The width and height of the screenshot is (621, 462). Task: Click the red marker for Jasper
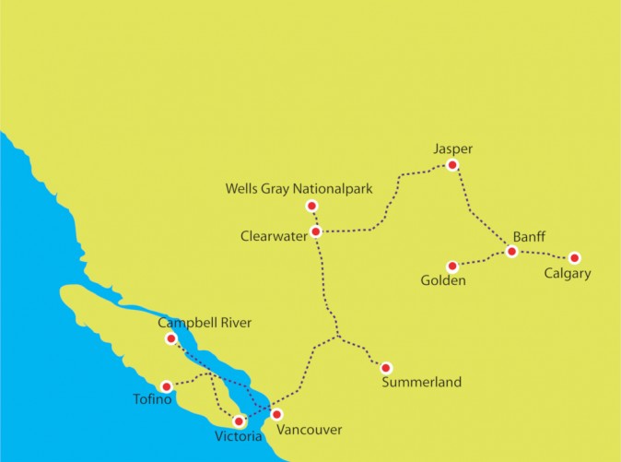click(451, 165)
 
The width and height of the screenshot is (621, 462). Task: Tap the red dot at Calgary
click(574, 258)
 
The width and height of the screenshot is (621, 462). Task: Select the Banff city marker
click(511, 252)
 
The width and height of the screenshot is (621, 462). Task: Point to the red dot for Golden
click(452, 267)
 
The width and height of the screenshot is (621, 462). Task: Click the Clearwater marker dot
click(316, 231)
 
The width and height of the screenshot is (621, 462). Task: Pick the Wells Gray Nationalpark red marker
click(311, 206)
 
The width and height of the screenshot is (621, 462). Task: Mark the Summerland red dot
click(386, 368)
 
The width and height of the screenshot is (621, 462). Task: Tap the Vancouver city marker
click(275, 414)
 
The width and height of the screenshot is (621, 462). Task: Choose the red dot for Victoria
click(240, 421)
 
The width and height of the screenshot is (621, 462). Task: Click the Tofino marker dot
click(166, 386)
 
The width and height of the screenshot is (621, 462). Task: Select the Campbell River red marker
click(170, 338)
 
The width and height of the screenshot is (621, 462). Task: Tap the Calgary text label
click(567, 274)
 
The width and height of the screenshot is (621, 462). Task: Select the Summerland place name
click(421, 382)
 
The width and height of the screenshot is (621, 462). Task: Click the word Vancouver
click(309, 430)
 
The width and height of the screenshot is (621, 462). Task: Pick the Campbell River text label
click(205, 323)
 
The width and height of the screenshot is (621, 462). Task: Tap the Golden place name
click(444, 281)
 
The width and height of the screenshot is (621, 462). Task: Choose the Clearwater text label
click(273, 236)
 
